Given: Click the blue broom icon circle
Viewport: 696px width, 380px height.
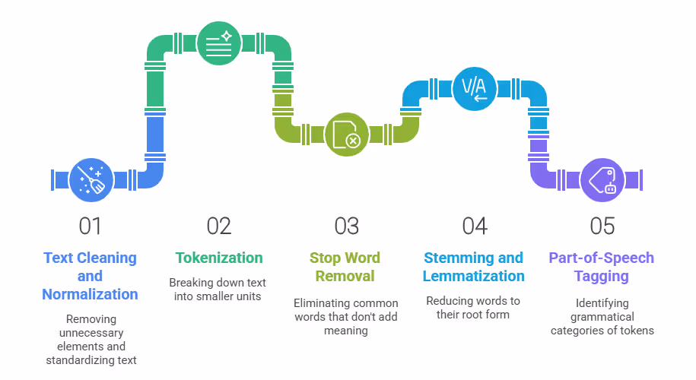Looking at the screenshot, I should pos(91,180).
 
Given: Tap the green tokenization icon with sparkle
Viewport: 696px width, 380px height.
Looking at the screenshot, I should pos(218,43).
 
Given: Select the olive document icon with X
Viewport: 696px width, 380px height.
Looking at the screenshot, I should pos(346,135).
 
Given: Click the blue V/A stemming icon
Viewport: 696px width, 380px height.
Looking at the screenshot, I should pos(474,88).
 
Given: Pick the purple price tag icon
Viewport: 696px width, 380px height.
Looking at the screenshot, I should pos(602,180).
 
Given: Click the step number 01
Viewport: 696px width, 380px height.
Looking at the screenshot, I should pos(90,226).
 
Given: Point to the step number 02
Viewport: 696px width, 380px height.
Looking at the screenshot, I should pos(218,226).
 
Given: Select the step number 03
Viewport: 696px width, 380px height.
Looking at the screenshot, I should pos(346,226).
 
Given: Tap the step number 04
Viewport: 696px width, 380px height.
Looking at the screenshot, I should pos(474,226).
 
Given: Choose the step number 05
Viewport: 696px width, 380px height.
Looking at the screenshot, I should pos(602,226).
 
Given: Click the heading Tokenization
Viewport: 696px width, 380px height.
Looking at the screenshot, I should pos(218,258).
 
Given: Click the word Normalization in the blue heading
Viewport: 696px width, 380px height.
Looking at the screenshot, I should pos(90,294).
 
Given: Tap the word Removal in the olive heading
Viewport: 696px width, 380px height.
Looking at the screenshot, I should pos(346,276).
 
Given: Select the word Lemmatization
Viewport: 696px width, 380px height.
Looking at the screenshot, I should pos(474,276).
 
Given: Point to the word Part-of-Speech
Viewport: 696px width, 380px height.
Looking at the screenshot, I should pos(602,258).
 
